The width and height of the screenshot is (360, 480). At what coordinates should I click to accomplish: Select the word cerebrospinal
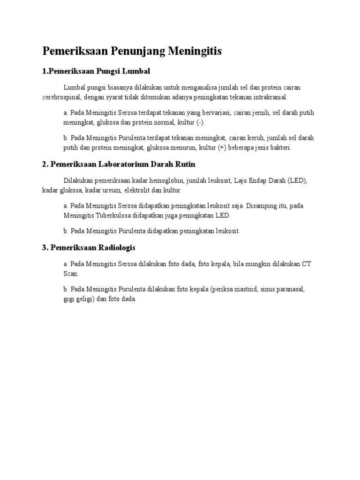62,97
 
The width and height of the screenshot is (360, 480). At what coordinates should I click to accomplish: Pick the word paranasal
290,290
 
